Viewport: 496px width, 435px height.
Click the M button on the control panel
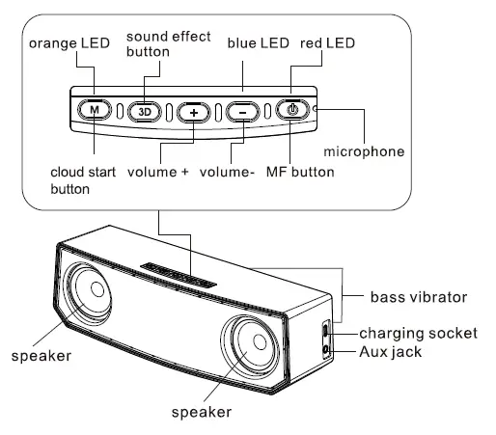tap(94, 110)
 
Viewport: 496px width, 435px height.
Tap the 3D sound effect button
tap(144, 110)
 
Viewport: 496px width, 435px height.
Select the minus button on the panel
tap(242, 110)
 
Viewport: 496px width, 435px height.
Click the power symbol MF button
tap(292, 110)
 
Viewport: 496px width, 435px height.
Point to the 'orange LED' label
tap(70, 44)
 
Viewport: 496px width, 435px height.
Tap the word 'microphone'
tap(364, 151)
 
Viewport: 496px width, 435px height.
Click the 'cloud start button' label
tap(84, 181)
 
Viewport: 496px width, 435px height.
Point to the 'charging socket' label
tap(418, 334)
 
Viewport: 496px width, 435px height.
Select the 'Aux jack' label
tap(392, 352)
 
